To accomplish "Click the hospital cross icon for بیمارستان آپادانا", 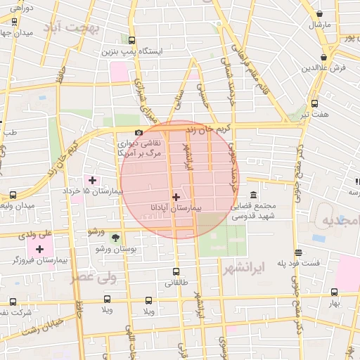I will (x=176, y=198).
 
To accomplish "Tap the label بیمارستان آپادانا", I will (x=176, y=209).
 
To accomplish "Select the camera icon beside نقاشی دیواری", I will (x=139, y=133).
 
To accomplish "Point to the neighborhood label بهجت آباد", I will (x=72, y=27).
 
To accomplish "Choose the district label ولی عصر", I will (x=93, y=276).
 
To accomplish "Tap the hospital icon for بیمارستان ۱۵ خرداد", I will (x=92, y=180).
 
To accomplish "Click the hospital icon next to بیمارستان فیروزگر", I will (x=39, y=249).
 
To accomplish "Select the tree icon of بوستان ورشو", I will (x=115, y=238).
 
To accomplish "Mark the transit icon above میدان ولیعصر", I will (x=13, y=195).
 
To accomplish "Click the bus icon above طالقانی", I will (x=176, y=271).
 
